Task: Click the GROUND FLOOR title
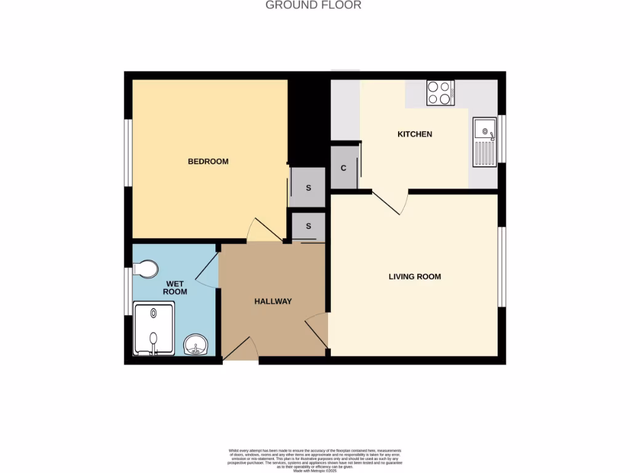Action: pos(313,6)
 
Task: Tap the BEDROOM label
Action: pos(208,161)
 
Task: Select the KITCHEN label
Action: pos(415,134)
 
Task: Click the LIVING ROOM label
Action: pos(415,277)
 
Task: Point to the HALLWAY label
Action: pos(273,301)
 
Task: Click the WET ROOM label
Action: pos(175,288)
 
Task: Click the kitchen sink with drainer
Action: pos(484,142)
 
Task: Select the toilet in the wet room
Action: pos(145,269)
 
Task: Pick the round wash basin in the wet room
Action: pos(196,344)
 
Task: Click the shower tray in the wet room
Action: pos(154,329)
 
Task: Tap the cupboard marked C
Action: pos(344,168)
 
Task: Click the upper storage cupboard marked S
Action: pos(308,188)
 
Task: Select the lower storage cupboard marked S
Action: pos(308,227)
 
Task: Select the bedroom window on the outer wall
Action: pos(128,152)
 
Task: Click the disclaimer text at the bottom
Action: pos(314,460)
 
